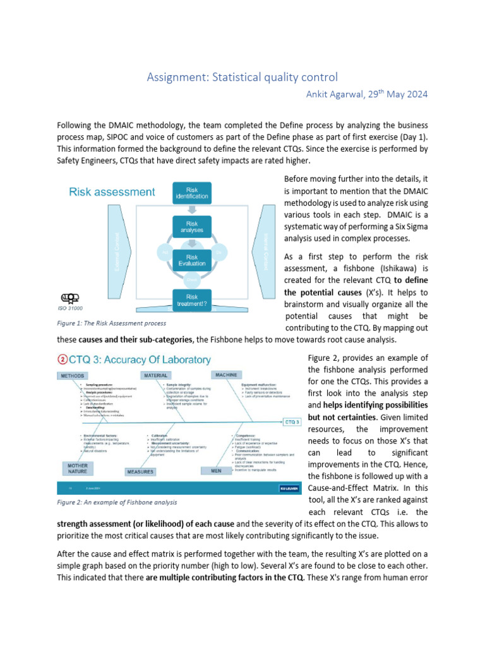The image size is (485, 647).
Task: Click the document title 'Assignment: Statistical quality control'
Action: click(242, 77)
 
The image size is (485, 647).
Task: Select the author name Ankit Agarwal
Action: click(332, 94)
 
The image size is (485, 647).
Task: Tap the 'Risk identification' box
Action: click(192, 193)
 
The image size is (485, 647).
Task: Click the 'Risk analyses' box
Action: click(192, 226)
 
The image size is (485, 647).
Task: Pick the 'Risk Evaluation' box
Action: click(192, 260)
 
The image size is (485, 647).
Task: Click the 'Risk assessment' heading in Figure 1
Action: click(112, 191)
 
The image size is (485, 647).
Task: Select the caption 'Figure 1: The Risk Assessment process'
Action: click(111, 323)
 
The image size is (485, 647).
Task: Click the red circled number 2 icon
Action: click(63, 360)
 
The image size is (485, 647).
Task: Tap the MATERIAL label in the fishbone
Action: click(155, 375)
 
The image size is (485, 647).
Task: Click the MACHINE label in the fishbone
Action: click(225, 375)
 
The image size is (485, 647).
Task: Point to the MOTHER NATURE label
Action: click(75, 468)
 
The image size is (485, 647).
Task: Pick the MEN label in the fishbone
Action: click(210, 471)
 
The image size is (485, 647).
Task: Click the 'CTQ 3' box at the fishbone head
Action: click(291, 421)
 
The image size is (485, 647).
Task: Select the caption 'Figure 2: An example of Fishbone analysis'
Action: click(117, 502)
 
